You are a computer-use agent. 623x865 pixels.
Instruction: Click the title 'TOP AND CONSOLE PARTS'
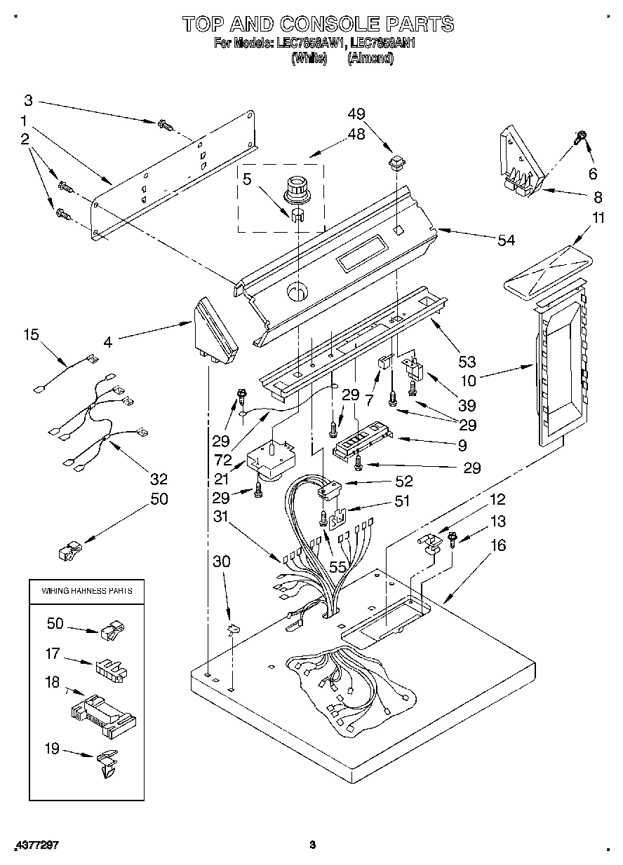point(318,24)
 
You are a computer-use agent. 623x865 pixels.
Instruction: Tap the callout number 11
point(598,218)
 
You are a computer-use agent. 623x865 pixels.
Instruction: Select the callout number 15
point(32,335)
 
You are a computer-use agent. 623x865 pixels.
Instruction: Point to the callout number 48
point(356,135)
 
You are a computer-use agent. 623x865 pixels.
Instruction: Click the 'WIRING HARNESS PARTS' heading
point(87,591)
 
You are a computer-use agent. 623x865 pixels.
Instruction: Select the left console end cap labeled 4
point(213,330)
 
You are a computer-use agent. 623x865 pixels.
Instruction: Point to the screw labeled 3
point(166,126)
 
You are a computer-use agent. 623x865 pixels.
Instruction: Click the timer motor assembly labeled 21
point(269,461)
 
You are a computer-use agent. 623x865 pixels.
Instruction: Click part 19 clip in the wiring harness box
point(106,763)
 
